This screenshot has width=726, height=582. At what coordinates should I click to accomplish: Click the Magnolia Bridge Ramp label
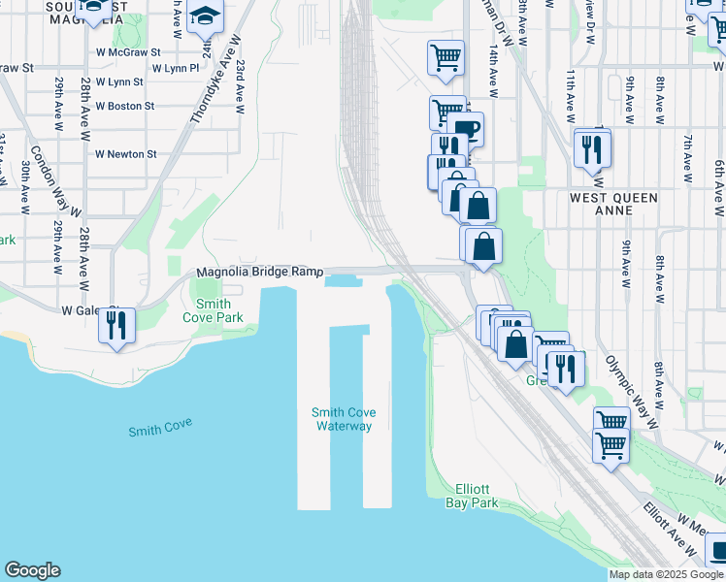pyautogui.click(x=259, y=273)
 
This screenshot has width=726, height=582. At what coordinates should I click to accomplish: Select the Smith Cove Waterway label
pyautogui.click(x=344, y=419)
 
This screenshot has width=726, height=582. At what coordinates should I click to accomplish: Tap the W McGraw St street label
pyautogui.click(x=127, y=52)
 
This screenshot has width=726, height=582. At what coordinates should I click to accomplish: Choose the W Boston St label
pyautogui.click(x=124, y=106)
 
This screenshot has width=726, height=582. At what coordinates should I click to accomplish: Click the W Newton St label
pyautogui.click(x=125, y=154)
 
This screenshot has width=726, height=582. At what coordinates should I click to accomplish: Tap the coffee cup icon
pyautogui.click(x=465, y=129)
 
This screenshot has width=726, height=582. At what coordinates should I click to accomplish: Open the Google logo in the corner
pyautogui.click(x=32, y=570)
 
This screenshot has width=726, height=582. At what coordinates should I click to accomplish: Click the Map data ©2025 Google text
pyautogui.click(x=666, y=574)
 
